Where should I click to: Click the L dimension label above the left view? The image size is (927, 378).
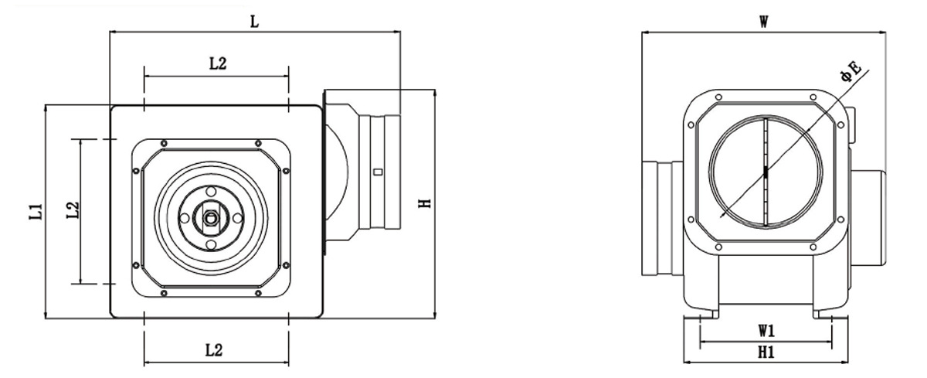pos(254,22)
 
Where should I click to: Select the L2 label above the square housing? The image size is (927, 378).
pos(218,63)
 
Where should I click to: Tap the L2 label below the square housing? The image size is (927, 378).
pos(214,351)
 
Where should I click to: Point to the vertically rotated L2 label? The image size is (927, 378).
pos(73,210)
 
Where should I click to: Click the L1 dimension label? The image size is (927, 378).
pos(36,211)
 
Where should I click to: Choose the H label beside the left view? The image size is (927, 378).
pos(425,203)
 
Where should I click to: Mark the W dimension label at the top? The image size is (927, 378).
pos(764,22)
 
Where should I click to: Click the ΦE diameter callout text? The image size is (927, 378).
pos(851,72)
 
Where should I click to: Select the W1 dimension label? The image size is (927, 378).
pos(766,331)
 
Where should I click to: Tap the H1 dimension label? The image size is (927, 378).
pos(766,352)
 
